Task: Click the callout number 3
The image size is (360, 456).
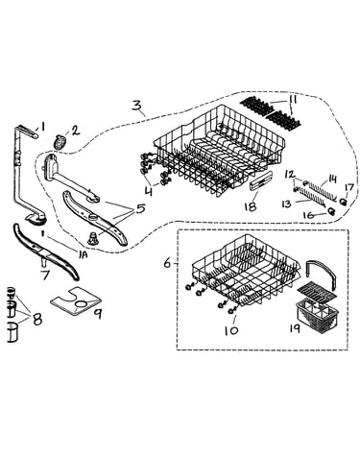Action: [x=136, y=106]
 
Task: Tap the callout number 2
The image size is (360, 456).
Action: [x=75, y=131]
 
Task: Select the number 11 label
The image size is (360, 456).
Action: [x=293, y=101]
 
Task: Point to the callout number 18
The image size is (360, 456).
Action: [x=250, y=206]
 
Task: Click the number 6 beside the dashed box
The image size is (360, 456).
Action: [x=167, y=264]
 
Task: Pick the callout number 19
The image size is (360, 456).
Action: [x=294, y=327]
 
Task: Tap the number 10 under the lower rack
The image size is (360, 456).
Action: [x=231, y=330]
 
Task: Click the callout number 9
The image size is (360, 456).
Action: [x=97, y=314]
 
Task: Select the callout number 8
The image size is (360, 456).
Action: [x=37, y=319]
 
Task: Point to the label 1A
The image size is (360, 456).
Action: [x=84, y=255]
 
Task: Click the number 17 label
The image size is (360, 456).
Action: [x=348, y=187]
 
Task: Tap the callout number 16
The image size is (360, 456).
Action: [x=309, y=215]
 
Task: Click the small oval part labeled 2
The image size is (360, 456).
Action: [x=60, y=141]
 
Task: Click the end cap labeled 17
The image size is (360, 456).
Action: [x=343, y=202]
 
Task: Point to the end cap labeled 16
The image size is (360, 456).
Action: [x=331, y=210]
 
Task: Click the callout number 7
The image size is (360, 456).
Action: [x=45, y=274]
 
